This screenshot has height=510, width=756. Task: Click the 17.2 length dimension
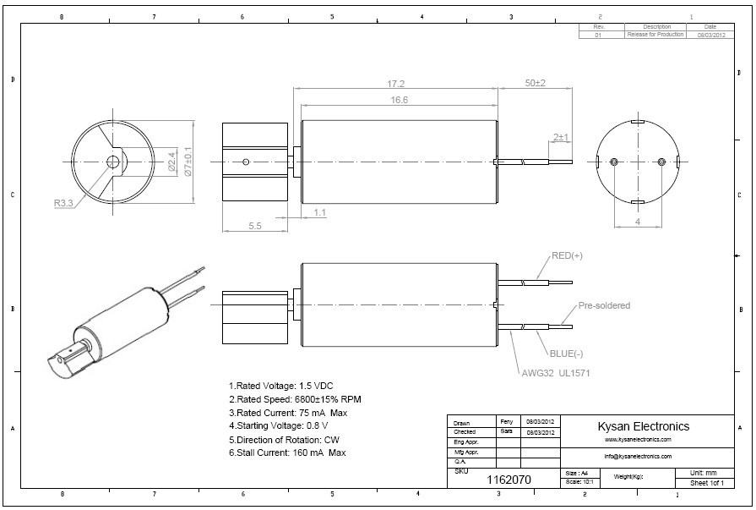click(x=395, y=84)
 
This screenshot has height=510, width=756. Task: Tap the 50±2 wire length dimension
click(x=536, y=84)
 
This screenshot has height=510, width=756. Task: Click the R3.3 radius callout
click(x=63, y=203)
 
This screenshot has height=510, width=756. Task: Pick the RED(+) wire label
click(x=567, y=255)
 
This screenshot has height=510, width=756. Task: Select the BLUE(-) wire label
click(x=568, y=353)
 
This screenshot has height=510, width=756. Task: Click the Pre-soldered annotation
click(x=604, y=305)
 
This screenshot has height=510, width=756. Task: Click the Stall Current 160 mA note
click(x=287, y=452)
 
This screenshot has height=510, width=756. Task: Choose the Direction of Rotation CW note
click(x=286, y=439)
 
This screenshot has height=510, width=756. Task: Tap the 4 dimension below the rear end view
click(x=637, y=222)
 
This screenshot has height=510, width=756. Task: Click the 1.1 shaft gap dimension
click(x=320, y=212)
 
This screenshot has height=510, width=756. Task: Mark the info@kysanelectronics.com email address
click(x=638, y=456)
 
